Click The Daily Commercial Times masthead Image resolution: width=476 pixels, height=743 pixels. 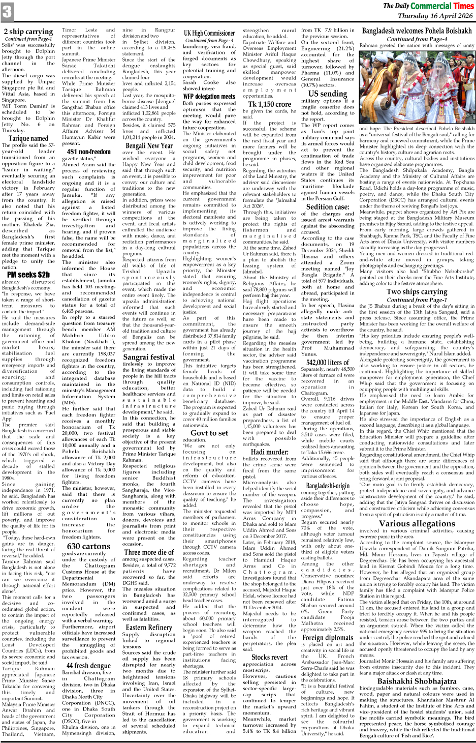pos(428,6)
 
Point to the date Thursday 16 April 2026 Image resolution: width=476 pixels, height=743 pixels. pos(435,16)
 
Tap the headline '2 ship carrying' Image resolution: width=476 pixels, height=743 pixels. pos(28,32)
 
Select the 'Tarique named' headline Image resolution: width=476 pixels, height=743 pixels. pos(28,138)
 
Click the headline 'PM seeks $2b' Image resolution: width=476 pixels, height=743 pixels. pos(28,275)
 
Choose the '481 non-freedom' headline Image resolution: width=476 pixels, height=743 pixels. pos(88,152)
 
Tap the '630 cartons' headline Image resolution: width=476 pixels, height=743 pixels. pos(88,546)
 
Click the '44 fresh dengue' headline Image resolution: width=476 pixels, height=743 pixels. pos(88,665)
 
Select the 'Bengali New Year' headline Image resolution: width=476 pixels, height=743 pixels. pos(149,145)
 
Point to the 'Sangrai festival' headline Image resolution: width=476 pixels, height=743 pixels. pos(149,356)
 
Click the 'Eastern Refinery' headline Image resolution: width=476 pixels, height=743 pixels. pos(149,628)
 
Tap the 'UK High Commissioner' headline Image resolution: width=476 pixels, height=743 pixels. pos(209,33)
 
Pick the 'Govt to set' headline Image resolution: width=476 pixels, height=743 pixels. pos(209,433)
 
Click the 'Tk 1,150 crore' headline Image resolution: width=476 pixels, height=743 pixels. pos(269,104)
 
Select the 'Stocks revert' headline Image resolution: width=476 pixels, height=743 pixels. pos(269,657)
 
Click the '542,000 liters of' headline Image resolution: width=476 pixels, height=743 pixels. pos(328,362)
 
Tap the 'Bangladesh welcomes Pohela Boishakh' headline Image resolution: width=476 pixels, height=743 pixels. pos(417,31)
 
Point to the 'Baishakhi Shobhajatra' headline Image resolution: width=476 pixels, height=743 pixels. pos(417,681)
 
